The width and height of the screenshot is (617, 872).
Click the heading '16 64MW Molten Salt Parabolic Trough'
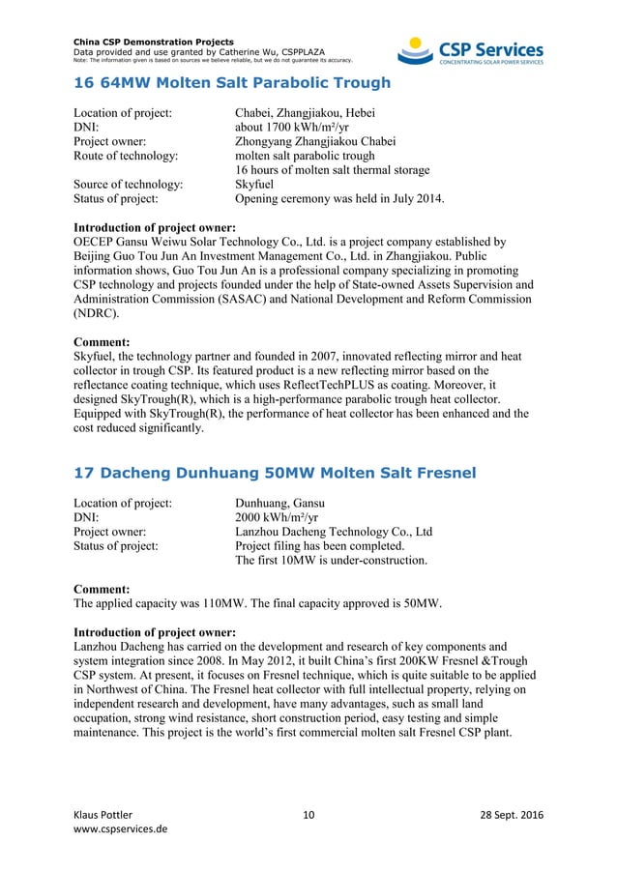(232, 83)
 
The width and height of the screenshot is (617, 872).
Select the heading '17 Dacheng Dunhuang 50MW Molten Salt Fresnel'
(275, 473)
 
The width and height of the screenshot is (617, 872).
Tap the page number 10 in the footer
(308, 815)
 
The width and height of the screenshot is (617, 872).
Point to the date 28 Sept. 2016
(512, 815)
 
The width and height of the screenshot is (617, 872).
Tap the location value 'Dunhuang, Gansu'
(280, 503)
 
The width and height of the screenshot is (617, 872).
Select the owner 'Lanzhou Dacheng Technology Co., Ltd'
(334, 532)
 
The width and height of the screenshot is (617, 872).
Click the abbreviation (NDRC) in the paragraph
(93, 313)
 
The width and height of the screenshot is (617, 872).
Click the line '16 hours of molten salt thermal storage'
(333, 171)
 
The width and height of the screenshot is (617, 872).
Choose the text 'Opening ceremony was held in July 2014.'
(339, 199)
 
